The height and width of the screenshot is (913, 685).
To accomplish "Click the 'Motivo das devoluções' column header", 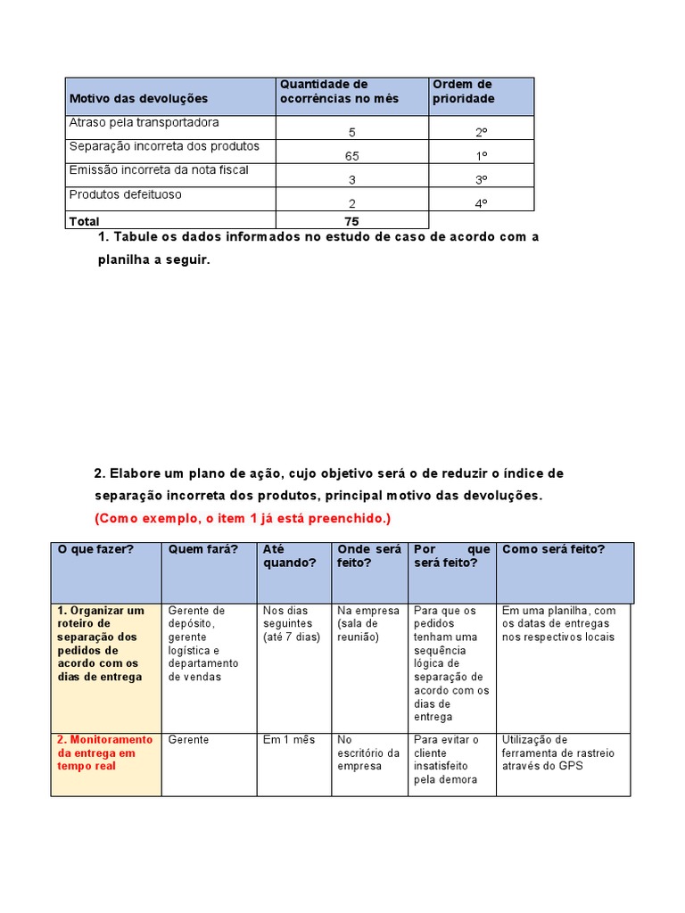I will (138, 98).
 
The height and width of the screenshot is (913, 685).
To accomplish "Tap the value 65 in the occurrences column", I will (351, 155).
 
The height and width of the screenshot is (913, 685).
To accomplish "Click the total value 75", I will (351, 221).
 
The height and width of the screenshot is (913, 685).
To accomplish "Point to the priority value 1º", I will (481, 155).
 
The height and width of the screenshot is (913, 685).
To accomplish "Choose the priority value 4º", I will (481, 203).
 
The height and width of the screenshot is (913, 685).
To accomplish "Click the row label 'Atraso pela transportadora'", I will (144, 122).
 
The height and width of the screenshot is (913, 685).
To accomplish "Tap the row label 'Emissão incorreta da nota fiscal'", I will (159, 169).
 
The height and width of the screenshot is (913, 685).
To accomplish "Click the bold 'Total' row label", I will (85, 221).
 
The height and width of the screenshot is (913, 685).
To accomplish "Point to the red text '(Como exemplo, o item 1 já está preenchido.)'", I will (243, 518).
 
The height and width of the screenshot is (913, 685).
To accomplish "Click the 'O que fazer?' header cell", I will (95, 549).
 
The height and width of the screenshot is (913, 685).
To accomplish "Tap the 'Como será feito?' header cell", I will (553, 549).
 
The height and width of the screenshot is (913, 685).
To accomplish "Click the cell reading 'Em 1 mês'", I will (289, 740).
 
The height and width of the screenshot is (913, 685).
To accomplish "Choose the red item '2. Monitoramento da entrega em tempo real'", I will (105, 753).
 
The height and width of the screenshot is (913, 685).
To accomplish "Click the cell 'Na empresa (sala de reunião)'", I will (368, 624).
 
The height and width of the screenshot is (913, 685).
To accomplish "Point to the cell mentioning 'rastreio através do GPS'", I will (558, 753).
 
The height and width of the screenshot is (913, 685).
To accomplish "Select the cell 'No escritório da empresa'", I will (368, 753).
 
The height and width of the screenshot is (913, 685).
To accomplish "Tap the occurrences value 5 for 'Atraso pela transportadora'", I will (351, 132).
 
